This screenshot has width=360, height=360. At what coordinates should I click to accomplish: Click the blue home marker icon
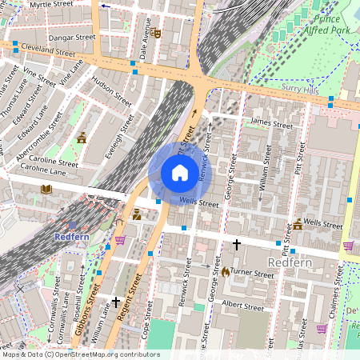click(180, 172)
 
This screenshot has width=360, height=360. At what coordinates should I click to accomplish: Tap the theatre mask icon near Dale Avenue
click(157, 33)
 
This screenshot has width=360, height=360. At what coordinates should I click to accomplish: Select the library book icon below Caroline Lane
click(46, 190)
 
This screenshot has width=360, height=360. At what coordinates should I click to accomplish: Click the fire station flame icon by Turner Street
click(226, 272)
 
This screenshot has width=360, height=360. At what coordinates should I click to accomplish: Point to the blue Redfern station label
click(70, 237)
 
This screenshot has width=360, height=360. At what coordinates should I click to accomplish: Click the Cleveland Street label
click(49, 50)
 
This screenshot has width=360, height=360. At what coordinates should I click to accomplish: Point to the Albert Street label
click(242, 306)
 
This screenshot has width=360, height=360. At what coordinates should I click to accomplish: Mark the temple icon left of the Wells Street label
click(297, 224)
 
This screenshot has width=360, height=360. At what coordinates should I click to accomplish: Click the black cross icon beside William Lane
click(117, 302)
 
